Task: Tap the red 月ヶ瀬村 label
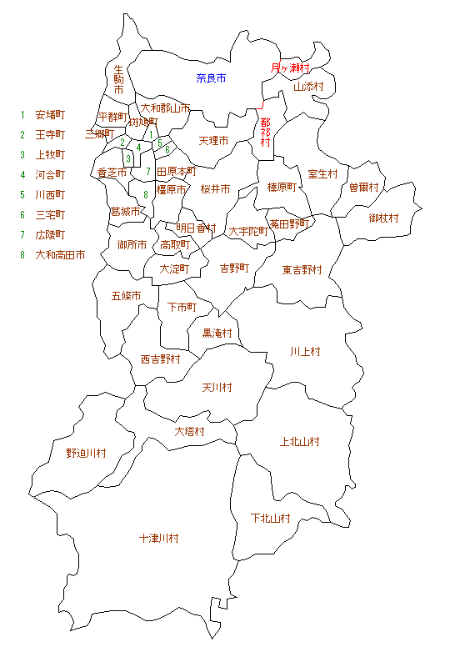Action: (290, 68)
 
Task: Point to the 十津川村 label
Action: (158, 539)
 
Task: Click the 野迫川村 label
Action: (87, 454)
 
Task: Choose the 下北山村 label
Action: (271, 518)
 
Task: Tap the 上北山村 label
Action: (300, 441)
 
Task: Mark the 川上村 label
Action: (305, 351)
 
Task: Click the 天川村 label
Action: (217, 388)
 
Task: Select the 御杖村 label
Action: (384, 218)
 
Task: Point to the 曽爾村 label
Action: (364, 188)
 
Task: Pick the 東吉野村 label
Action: (302, 269)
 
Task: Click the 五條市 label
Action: (126, 296)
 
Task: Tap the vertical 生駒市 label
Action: (118, 79)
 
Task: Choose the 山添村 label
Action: (307, 86)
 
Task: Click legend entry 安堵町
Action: (50, 114)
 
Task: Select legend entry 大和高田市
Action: (60, 255)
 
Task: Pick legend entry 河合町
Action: (50, 174)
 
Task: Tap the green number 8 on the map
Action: (145, 194)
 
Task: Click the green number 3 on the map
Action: (128, 158)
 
